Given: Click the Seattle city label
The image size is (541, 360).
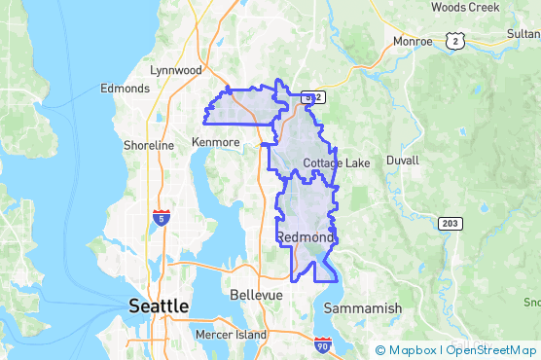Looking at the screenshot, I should (159, 306).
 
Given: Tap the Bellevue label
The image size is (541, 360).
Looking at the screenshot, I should (257, 294).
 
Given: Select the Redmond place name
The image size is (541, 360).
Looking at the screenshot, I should (306, 237).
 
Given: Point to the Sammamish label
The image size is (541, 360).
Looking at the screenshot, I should (363, 307).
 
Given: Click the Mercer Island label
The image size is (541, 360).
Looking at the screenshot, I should (230, 335).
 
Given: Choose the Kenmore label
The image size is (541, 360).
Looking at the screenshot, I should (215, 142).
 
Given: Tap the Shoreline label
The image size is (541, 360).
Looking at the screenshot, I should (149, 145).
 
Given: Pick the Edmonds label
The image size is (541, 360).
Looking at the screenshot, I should (126, 88).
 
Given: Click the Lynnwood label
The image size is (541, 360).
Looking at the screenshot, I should (176, 70).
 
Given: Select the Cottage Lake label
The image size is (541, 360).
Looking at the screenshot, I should (337, 162).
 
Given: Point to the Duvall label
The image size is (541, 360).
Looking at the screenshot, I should (402, 160).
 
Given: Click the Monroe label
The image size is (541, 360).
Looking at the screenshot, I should (413, 41).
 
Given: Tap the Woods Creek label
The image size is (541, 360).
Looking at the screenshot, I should (464, 7).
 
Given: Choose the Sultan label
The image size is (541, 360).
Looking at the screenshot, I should (523, 32).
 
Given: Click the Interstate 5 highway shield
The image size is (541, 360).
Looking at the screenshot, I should (162, 217).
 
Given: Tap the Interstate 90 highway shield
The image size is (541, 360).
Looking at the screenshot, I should (323, 344).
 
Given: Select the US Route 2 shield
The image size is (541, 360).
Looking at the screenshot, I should (454, 39).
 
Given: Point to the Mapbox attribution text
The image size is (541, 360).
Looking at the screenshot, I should (410, 349).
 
